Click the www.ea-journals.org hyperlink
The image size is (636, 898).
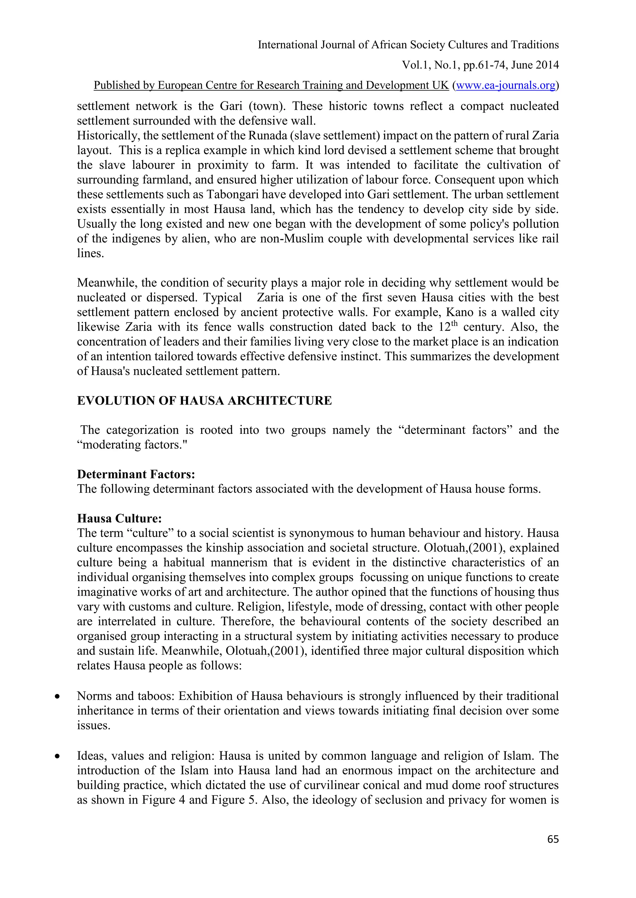point(506,85)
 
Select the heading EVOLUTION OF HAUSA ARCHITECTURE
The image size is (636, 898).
point(204,401)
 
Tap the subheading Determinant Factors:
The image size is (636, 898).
point(136,474)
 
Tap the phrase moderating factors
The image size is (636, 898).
point(132,445)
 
